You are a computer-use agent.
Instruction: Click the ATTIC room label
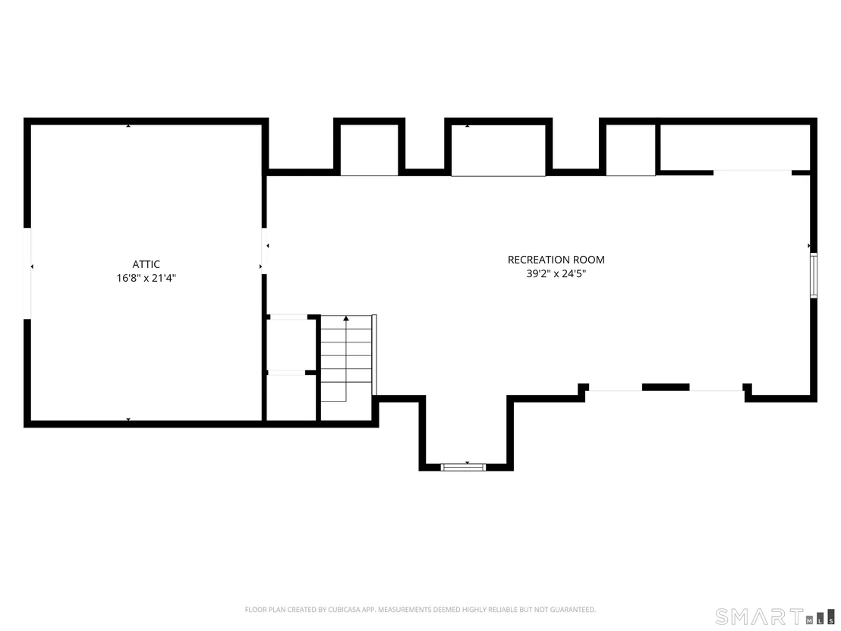coord(146,264)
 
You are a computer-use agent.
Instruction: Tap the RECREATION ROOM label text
coord(556,260)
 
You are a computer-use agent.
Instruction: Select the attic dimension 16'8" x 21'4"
coord(146,278)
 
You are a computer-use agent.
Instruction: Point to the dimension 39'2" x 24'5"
coord(556,273)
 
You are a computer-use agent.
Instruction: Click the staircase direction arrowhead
coord(346,319)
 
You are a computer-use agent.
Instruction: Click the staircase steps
coord(346,358)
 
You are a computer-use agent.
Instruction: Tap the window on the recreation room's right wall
coord(814,275)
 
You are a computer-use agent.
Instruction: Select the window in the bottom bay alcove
coord(464,467)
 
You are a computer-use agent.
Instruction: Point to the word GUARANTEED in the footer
coord(575,610)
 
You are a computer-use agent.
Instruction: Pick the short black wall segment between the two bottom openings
coord(666,387)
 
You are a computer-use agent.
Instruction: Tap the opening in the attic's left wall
coord(27,273)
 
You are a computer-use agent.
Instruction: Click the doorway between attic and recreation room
coord(264,251)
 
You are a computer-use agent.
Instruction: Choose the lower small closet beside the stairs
coord(291,398)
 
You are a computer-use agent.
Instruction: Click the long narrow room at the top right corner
coord(734,147)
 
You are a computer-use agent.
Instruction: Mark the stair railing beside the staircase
coord(374,355)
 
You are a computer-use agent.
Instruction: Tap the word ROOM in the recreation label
coord(590,260)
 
